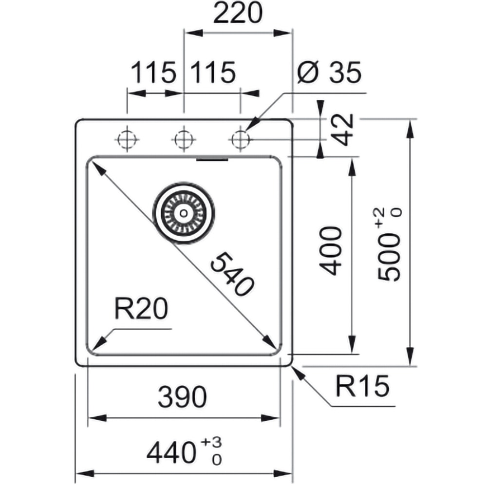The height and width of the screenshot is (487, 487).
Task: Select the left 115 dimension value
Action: [x=153, y=73]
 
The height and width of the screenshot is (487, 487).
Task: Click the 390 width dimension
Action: [x=183, y=398]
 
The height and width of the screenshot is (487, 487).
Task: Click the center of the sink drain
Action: [x=183, y=212]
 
